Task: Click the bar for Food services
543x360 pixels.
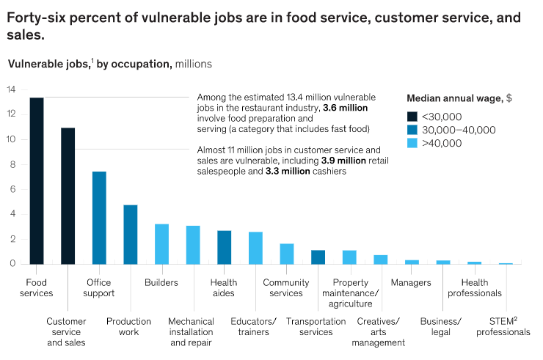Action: point(36,180)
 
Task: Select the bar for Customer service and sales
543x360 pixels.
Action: point(68,196)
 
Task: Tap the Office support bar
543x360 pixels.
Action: point(99,218)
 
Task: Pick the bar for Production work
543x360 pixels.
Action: point(131,234)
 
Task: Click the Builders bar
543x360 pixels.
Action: point(161,244)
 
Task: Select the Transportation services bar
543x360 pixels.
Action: point(318,257)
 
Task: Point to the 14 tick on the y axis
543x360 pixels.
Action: point(11,90)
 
